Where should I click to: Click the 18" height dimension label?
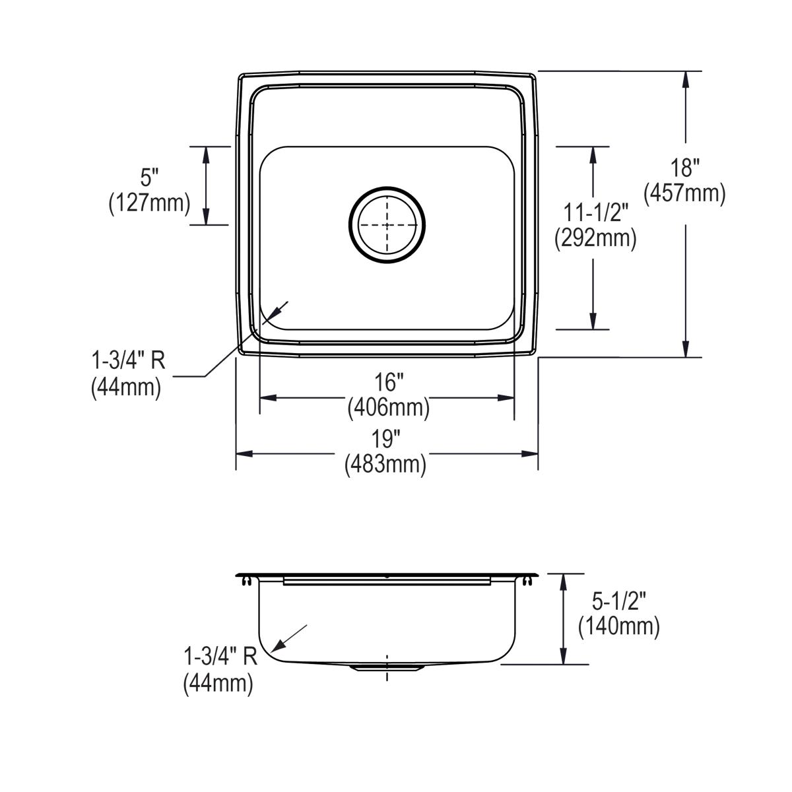pyautogui.click(x=685, y=168)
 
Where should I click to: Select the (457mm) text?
pyautogui.click(x=685, y=193)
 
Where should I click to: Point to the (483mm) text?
pyautogui.click(x=385, y=464)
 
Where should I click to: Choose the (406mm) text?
pyautogui.click(x=388, y=408)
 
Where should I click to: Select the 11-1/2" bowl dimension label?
pyautogui.click(x=595, y=213)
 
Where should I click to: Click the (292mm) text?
pyautogui.click(x=595, y=238)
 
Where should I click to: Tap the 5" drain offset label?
pyautogui.click(x=150, y=178)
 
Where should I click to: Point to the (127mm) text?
pyautogui.click(x=149, y=203)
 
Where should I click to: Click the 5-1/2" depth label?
pyautogui.click(x=618, y=601)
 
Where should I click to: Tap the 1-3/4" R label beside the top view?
pyautogui.click(x=128, y=361)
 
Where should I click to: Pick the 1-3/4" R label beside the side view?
pyautogui.click(x=220, y=657)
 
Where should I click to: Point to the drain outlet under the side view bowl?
pyautogui.click(x=387, y=668)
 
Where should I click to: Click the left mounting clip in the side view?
pyautogui.click(x=246, y=580)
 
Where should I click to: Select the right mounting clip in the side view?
pyautogui.click(x=527, y=580)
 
